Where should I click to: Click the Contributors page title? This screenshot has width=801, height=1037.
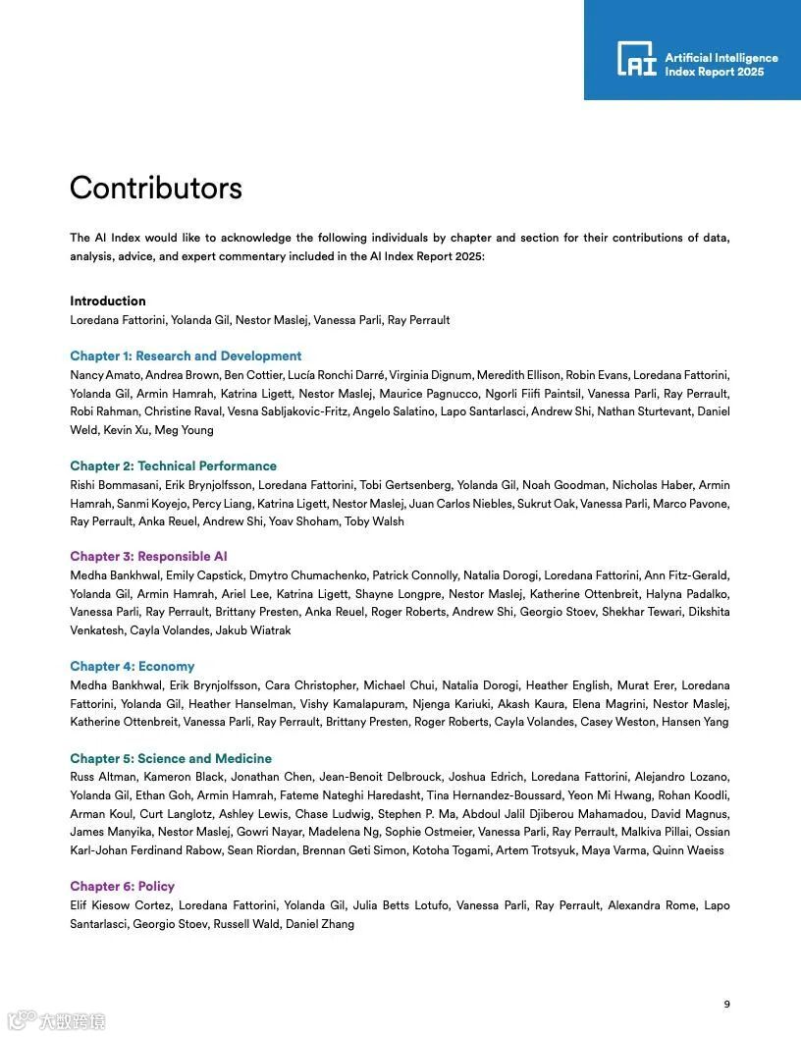pos(155,188)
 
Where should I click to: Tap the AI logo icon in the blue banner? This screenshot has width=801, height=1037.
pos(636,59)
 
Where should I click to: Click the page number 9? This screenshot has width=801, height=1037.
pos(726,1004)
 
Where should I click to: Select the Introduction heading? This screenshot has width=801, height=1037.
pos(108,301)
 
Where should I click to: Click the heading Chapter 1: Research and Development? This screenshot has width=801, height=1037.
pos(186,356)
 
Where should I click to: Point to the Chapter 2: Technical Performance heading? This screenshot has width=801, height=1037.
pos(173,466)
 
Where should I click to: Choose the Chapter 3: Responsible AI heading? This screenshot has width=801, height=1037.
pos(148,557)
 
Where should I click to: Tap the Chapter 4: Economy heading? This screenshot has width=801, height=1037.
pos(133,667)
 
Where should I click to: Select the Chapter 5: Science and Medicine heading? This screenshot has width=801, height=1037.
pos(171,759)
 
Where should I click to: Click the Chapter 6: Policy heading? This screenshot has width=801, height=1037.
pos(122,887)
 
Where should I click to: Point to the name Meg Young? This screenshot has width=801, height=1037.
pos(186,430)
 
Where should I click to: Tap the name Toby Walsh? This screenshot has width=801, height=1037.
pos(374,522)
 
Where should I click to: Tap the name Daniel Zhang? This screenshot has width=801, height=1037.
pos(320,925)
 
